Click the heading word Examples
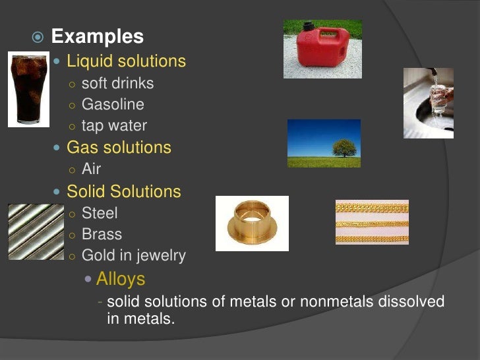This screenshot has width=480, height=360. click(x=97, y=36)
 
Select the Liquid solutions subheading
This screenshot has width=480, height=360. click(x=126, y=61)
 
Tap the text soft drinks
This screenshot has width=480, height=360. click(x=117, y=83)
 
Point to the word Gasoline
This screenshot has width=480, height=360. click(x=113, y=104)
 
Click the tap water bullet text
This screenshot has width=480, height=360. click(x=114, y=125)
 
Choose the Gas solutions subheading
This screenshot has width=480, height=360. click(x=119, y=148)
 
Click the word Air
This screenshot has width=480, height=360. click(x=91, y=169)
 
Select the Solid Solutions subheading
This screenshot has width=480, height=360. click(x=124, y=192)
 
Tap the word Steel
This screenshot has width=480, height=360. click(x=100, y=213)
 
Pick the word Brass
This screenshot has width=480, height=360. click(x=102, y=234)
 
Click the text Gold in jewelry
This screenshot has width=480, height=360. click(x=133, y=255)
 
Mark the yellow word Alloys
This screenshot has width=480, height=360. click(x=121, y=278)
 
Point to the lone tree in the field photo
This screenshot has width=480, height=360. click(x=344, y=148)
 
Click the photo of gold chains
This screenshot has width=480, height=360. click(x=372, y=222)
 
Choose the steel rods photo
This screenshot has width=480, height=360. click(x=36, y=231)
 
